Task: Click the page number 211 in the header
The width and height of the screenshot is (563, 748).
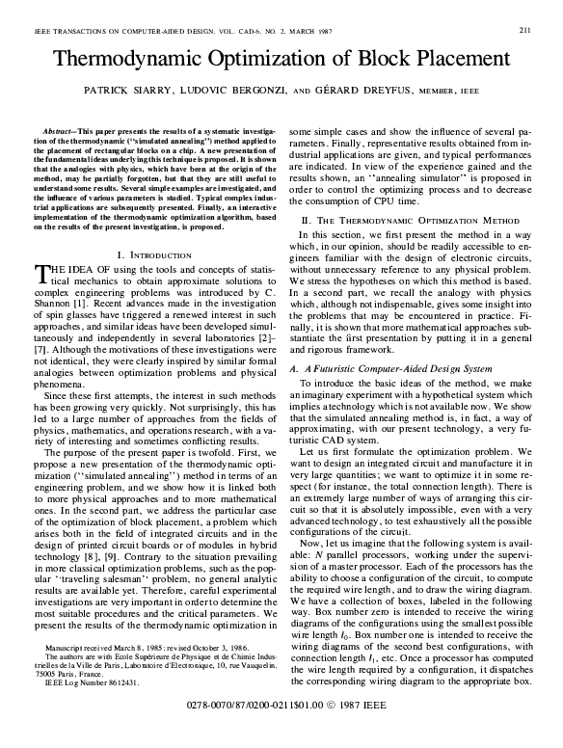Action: click(x=525, y=30)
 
